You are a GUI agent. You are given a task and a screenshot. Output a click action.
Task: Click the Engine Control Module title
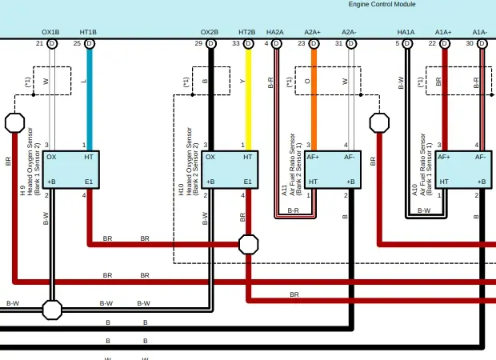[382, 5]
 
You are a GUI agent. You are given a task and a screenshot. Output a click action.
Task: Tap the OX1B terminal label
[50, 33]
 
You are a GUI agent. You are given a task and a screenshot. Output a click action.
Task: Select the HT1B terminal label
[88, 33]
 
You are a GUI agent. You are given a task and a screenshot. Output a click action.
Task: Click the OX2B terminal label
[210, 33]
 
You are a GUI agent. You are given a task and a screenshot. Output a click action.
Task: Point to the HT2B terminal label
[247, 33]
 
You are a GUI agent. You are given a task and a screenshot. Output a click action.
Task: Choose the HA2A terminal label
[275, 33]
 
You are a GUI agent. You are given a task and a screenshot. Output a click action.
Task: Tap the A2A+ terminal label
[313, 33]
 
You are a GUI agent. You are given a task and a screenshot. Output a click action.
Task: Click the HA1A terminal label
[406, 33]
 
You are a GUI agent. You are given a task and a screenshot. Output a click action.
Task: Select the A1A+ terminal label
[444, 33]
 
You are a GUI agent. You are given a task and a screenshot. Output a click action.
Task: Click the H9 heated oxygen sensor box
[70, 170]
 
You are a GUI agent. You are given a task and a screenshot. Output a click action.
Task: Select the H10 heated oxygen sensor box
[229, 170]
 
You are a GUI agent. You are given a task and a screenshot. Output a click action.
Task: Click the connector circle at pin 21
[52, 43]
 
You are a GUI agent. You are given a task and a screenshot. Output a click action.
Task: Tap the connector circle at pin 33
[248, 43]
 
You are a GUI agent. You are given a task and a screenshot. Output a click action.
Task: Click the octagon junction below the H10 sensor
[249, 243]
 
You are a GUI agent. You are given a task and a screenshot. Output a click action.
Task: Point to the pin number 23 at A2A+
[302, 43]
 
